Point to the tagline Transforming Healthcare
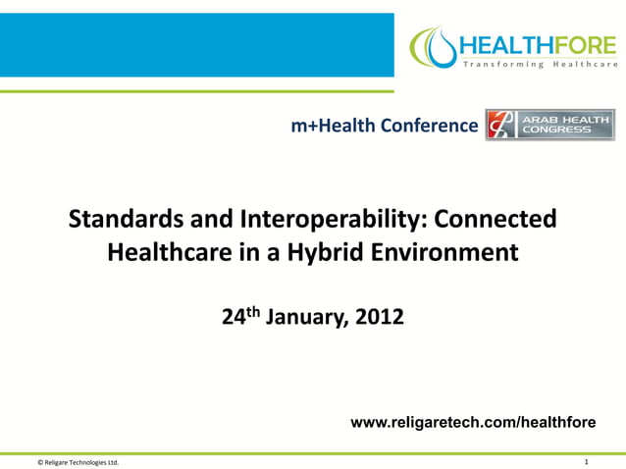pyautogui.click(x=540, y=64)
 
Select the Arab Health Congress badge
pyautogui.click(x=549, y=125)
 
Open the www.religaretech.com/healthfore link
pyautogui.click(x=473, y=423)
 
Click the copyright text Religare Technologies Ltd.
pyautogui.click(x=78, y=461)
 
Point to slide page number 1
pyautogui.click(x=585, y=460)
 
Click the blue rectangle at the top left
pyautogui.click(x=196, y=44)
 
